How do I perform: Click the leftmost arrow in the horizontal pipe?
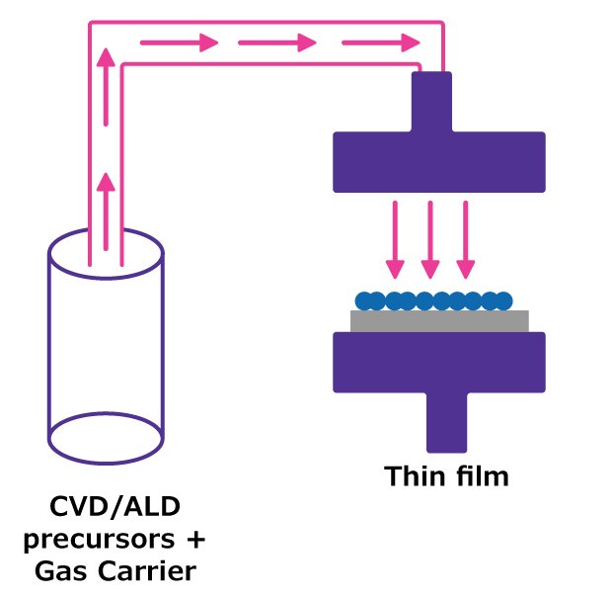click(179, 43)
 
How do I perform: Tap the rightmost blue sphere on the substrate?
click(503, 300)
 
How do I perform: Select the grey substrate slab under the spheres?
click(439, 321)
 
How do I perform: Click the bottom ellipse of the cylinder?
click(106, 434)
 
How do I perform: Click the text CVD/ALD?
click(108, 511)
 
